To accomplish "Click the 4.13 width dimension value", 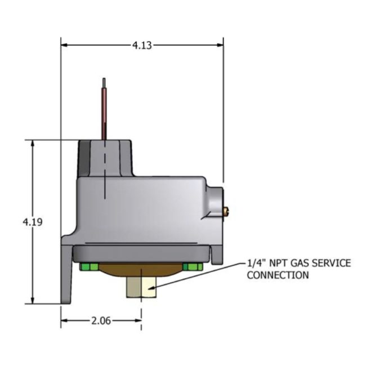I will click(142, 45).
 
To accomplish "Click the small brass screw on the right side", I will click(226, 211).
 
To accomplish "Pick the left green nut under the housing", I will click(88, 266).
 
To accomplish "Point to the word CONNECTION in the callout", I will click(278, 275).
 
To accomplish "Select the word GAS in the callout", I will click(304, 264).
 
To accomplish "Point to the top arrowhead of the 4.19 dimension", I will click(33, 144).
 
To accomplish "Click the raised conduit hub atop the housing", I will click(105, 159).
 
